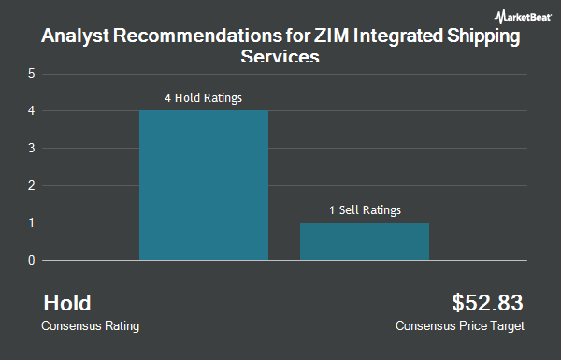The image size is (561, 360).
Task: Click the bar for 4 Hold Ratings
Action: tap(204, 185)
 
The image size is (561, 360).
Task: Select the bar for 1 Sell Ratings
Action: tap(365, 241)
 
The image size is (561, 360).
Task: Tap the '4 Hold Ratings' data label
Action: tap(204, 97)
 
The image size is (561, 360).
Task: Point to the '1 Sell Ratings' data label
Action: tap(365, 209)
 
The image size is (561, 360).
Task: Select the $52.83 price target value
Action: tap(487, 303)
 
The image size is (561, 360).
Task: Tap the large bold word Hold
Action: tap(67, 303)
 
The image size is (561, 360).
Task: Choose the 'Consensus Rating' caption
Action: tap(92, 326)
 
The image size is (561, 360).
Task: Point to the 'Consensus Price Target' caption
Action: tap(460, 326)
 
